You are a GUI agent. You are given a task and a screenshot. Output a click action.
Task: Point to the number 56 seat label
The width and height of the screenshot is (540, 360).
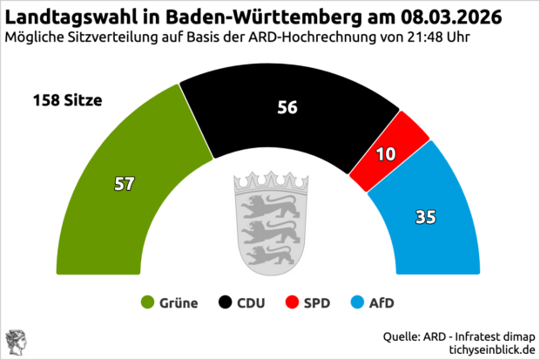point(287,107)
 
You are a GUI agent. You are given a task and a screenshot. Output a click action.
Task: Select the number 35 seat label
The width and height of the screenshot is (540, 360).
point(426,216)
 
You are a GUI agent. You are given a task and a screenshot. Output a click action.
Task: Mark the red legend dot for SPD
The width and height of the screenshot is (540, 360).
point(293,303)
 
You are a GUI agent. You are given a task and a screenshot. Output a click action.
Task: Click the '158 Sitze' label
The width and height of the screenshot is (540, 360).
point(68,100)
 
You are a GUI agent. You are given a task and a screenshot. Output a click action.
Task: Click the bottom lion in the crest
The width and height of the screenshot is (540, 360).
point(262,255)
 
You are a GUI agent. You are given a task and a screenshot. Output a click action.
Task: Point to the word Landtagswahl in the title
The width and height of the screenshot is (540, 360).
point(68,16)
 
